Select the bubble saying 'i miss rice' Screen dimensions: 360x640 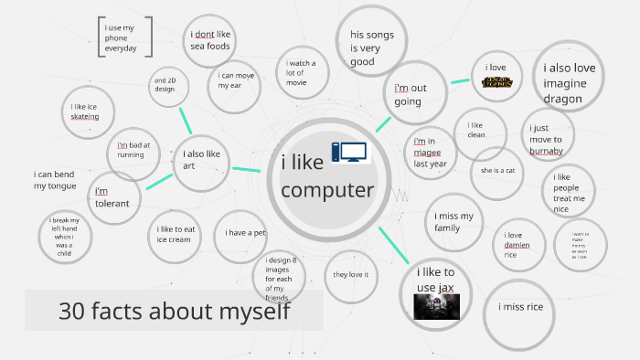[x=520, y=307]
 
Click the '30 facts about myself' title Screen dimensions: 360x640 [x=175, y=312]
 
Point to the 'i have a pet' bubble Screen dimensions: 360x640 [x=245, y=233]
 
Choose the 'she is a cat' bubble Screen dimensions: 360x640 [x=498, y=170]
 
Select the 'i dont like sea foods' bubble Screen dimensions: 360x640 [x=211, y=41]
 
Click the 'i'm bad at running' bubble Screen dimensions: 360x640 [x=133, y=150]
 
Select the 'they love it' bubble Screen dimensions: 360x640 [x=350, y=274]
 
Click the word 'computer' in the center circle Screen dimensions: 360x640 [x=327, y=190]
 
